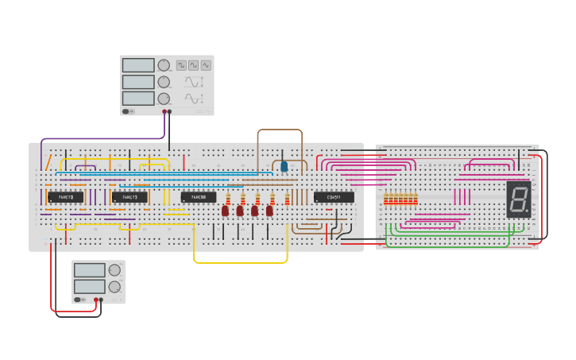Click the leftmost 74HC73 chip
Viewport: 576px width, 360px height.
point(65,197)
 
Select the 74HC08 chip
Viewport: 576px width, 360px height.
point(198,197)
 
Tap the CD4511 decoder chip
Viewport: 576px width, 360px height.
point(334,197)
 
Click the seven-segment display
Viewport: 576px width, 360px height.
point(518,199)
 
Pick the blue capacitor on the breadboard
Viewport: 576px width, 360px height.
point(284,166)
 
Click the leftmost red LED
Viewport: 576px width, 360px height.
point(226,211)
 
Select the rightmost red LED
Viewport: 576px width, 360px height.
point(269,211)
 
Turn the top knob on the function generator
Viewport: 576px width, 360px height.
point(164,65)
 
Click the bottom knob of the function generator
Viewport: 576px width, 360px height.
point(164,99)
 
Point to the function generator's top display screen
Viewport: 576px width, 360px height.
point(138,65)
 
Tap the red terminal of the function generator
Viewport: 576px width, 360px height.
point(164,112)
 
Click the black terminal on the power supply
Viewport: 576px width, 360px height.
point(101,300)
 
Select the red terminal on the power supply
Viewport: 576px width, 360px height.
point(96,300)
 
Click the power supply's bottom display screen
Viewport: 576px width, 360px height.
point(90,286)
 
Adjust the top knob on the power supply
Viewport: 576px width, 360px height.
point(114,270)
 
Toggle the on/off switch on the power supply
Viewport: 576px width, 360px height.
point(79,300)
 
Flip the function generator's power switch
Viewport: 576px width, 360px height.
point(129,111)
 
